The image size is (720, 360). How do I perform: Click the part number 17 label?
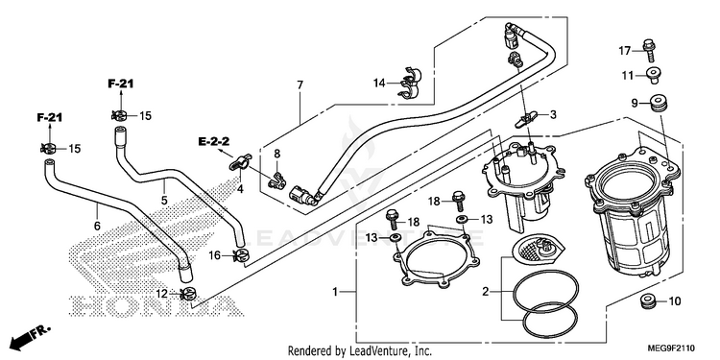tap(625, 51)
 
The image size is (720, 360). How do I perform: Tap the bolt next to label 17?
tap(649, 50)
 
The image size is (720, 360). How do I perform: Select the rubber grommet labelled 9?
tap(656, 103)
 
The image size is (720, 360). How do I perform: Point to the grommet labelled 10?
tap(647, 301)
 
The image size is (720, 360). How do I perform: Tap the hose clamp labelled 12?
tap(188, 294)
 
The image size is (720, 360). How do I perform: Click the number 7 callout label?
tap(300, 84)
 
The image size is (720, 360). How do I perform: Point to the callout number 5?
tap(164, 201)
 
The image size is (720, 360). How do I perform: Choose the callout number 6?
tap(97, 226)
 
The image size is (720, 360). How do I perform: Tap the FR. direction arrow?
tap(30, 337)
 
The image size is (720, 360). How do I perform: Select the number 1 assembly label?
tap(335, 292)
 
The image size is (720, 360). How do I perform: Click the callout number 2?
tap(486, 291)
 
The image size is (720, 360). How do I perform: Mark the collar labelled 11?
tap(654, 75)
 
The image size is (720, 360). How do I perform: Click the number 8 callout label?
tap(276, 154)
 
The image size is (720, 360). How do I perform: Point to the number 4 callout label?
tap(240, 189)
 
